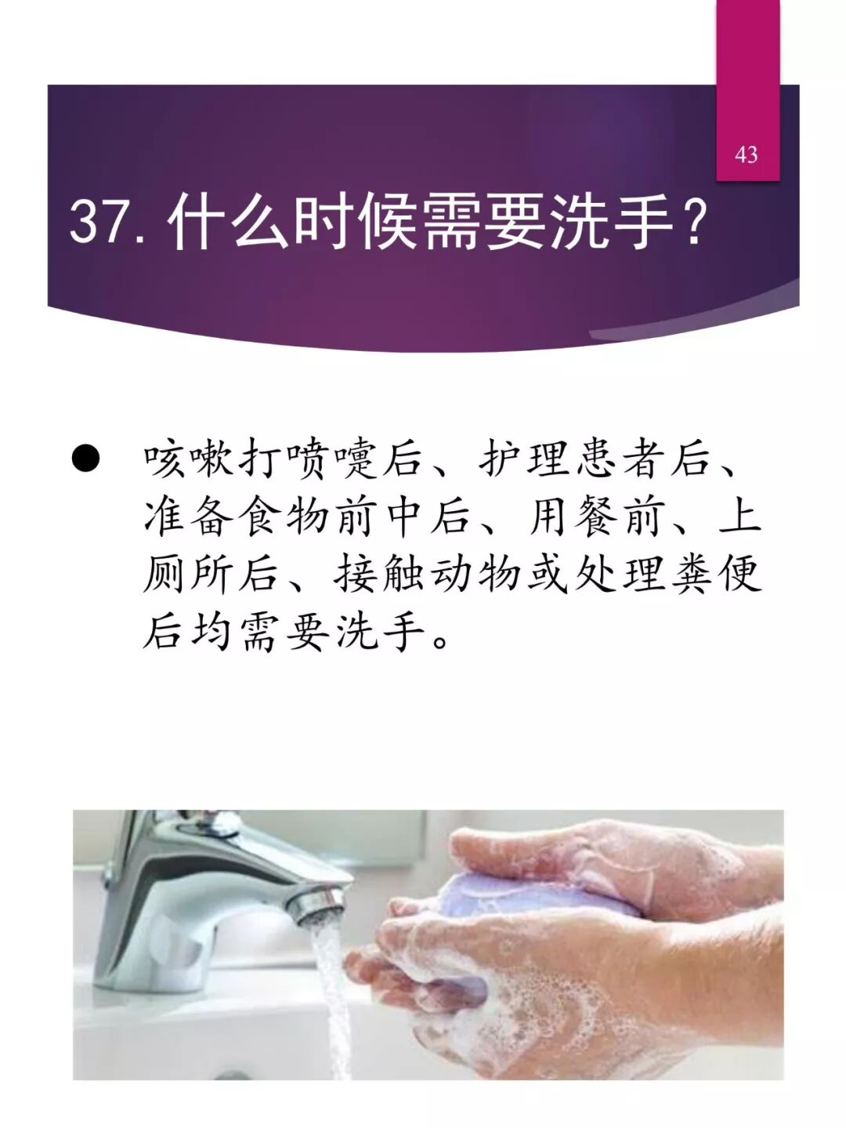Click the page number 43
(747, 154)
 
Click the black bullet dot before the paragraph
(85, 459)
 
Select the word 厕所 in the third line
(189, 574)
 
